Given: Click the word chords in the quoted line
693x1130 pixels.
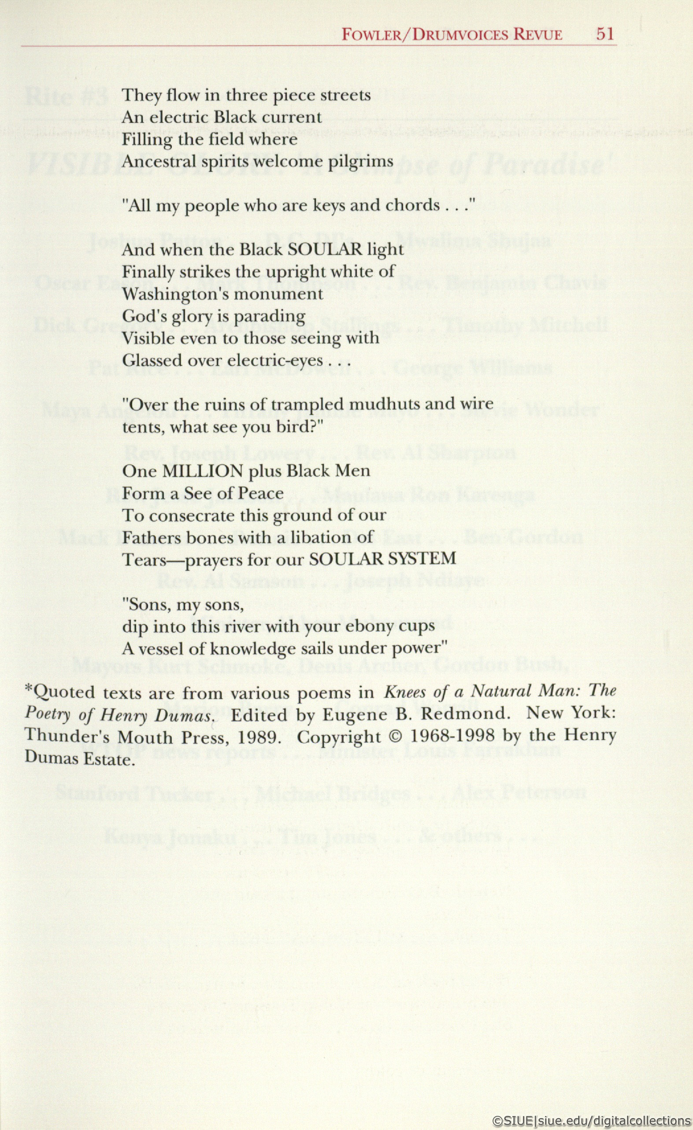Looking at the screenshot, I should [412, 205].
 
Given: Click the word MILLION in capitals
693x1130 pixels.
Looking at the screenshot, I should [203, 471].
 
